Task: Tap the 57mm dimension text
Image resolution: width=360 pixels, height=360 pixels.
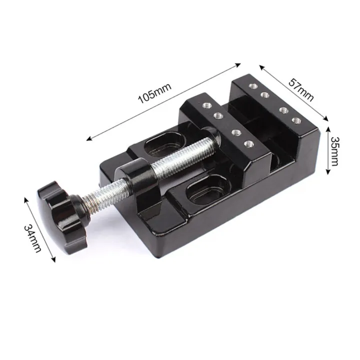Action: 301,89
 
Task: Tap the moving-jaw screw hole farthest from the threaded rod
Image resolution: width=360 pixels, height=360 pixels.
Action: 205,105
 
